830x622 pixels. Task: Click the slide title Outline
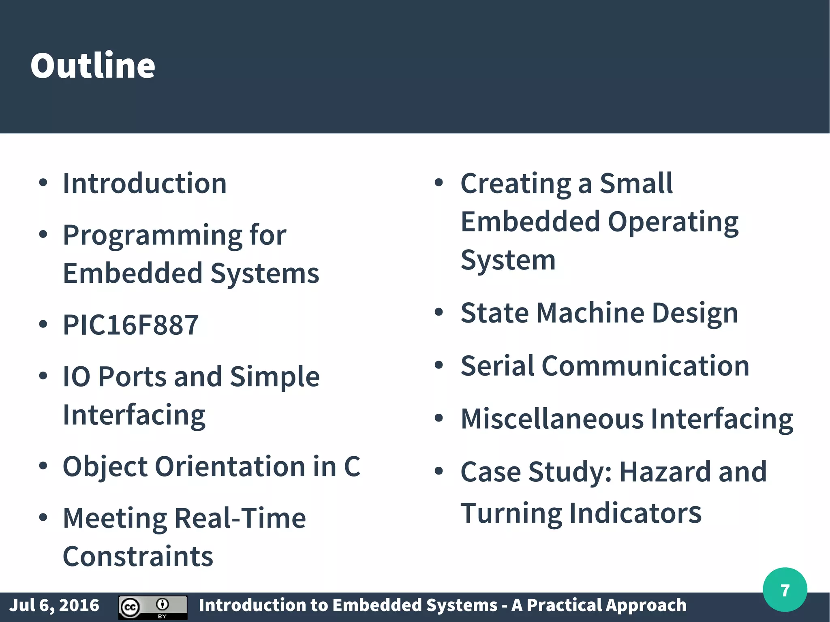tap(93, 66)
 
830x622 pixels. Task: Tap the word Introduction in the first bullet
tap(145, 184)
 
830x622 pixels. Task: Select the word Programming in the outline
tap(152, 236)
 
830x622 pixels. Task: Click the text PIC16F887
tap(130, 325)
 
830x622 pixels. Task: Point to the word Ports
tap(132, 377)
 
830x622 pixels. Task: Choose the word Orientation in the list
tap(230, 466)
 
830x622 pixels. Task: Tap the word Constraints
tap(138, 556)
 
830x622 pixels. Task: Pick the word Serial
tap(497, 366)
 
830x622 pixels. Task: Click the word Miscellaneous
tap(552, 419)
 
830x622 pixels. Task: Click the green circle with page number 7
tap(785, 590)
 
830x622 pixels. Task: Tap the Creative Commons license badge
tap(152, 607)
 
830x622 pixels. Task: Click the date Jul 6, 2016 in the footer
tap(54, 605)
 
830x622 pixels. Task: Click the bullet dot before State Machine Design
tap(439, 312)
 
